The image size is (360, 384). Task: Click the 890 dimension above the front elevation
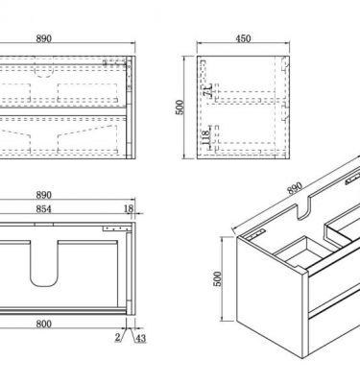click(44, 38)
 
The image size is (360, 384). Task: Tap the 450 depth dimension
click(243, 38)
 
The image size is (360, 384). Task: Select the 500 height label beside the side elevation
click(180, 108)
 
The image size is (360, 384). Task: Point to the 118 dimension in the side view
click(206, 137)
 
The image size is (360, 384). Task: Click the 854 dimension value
click(43, 209)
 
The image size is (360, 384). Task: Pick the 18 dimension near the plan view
click(129, 209)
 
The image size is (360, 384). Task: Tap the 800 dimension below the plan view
click(43, 324)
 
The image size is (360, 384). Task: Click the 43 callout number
click(141, 338)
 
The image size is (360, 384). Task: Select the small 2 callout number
click(117, 337)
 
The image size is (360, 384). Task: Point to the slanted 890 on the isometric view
click(295, 188)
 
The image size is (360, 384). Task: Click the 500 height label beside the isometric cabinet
click(218, 278)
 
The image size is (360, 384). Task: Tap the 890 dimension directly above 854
click(43, 195)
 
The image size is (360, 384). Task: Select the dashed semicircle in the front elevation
click(43, 75)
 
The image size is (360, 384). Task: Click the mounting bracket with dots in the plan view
click(117, 228)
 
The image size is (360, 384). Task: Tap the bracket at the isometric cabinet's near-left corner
click(254, 234)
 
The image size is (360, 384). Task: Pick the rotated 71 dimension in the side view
click(208, 90)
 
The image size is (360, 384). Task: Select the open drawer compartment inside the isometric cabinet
click(304, 252)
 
